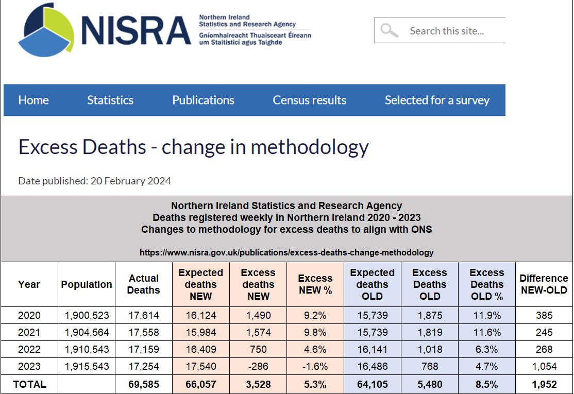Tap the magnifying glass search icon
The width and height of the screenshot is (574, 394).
coord(389,30)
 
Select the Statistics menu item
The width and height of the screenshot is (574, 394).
coord(110,100)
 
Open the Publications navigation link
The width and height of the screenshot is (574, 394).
coord(203,100)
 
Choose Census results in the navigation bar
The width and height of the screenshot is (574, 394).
coord(309,100)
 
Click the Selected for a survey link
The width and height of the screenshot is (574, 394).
coord(437,100)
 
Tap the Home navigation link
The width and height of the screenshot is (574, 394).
coord(33,100)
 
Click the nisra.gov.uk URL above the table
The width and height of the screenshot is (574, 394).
coord(286,253)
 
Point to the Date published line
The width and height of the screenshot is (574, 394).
coord(94,181)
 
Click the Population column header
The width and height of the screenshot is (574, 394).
coord(87,284)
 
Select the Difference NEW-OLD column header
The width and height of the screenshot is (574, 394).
coord(544,284)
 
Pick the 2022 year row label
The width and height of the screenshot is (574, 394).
coord(29,349)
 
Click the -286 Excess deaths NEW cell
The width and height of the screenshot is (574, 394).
coord(258,367)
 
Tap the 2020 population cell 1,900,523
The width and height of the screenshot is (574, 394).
coord(87,315)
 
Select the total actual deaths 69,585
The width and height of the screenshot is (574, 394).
coord(143,384)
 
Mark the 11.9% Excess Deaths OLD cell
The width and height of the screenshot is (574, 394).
coord(486,315)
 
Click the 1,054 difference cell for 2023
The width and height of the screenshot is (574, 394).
coord(544,367)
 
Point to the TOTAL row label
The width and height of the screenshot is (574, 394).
coord(29,384)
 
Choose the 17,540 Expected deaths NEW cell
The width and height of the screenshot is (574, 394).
coord(200,367)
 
